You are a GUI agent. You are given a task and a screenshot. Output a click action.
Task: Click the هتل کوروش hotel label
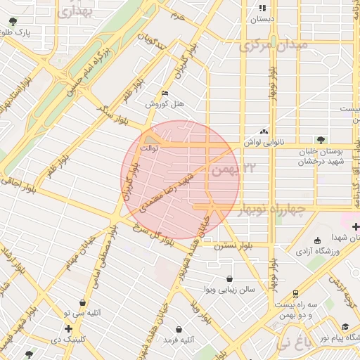tap(165, 104)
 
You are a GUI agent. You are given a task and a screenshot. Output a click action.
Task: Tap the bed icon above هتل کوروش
tap(165, 93)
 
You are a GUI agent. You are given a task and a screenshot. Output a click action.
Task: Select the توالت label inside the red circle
tap(150, 148)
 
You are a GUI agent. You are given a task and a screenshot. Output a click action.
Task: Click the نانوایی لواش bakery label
tap(264, 142)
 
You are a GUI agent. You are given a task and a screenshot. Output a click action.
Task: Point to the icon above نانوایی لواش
tap(264, 131)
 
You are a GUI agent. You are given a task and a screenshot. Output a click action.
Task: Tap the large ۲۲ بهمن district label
tap(236, 169)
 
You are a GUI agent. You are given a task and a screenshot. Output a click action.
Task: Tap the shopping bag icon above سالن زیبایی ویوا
tap(229, 278)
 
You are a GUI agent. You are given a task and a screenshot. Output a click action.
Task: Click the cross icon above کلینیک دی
tap(67, 328)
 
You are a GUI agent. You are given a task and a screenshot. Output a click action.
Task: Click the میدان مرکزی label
tap(274, 45)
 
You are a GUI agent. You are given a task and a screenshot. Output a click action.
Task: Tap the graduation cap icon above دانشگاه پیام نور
tap(345, 327)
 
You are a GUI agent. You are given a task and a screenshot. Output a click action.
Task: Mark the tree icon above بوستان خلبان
tap(321, 140)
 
